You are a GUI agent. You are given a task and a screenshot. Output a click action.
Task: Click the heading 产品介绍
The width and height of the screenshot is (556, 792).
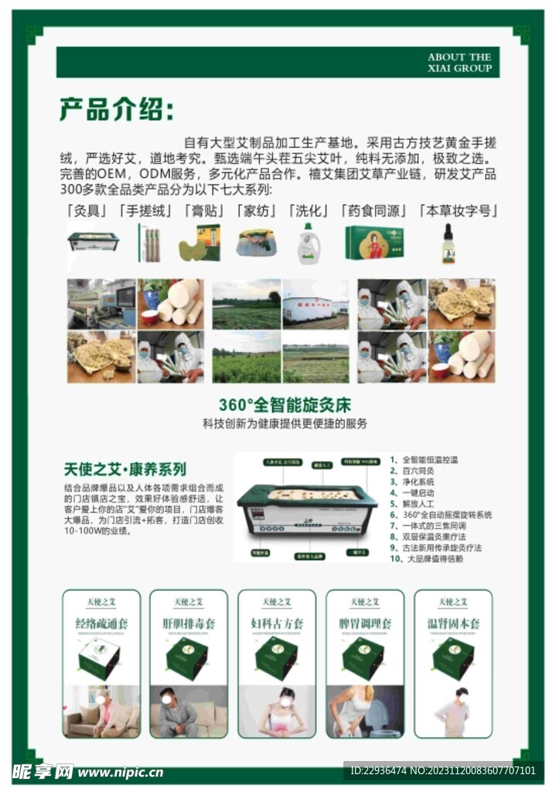[x=117, y=110]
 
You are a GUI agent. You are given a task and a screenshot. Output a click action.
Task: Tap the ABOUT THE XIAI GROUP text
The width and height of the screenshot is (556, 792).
[x=459, y=63]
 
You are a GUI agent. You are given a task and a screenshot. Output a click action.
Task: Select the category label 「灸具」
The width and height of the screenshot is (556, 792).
[x=87, y=211]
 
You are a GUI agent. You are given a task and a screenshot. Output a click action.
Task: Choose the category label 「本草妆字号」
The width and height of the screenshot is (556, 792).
[x=456, y=211]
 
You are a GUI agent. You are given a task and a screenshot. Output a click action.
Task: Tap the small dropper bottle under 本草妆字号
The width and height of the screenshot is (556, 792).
[x=448, y=244]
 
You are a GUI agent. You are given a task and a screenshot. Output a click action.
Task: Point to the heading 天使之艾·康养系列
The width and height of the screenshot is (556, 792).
[x=125, y=469]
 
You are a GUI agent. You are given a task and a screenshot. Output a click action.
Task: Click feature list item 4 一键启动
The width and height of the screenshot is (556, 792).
[x=418, y=493]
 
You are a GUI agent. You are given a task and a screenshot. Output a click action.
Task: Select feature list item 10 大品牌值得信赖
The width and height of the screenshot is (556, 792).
[x=431, y=558]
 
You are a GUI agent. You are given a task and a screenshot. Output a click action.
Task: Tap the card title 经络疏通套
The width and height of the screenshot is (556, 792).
[x=101, y=623]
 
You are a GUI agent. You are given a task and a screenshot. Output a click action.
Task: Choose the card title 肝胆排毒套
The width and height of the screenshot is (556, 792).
[x=189, y=623]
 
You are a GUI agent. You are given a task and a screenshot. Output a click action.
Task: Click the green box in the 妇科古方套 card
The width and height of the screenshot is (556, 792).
[x=276, y=657]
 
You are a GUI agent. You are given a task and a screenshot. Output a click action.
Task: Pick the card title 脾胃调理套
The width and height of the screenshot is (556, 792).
[x=365, y=623]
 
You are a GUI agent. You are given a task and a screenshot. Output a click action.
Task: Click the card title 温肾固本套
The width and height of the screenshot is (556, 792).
[x=453, y=623]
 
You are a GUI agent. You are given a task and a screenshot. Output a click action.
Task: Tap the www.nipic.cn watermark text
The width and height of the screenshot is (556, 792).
[x=120, y=772]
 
